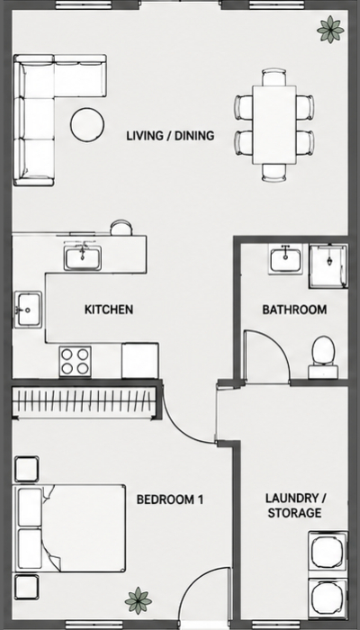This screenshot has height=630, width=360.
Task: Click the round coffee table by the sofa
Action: (x=87, y=124)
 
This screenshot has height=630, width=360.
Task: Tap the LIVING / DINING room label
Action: (x=170, y=136)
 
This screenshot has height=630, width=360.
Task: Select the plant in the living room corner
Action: (x=330, y=30)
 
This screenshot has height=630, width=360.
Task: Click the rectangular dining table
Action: (x=274, y=124)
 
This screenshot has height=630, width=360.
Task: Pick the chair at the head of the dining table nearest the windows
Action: (x=274, y=76)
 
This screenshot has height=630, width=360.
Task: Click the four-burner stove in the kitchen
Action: (x=75, y=361)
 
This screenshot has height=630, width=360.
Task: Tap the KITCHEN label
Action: (x=109, y=310)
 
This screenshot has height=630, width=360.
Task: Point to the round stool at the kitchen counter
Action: (x=121, y=228)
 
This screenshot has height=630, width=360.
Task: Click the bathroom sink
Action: (x=285, y=261)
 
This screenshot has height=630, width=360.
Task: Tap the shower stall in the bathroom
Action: (x=328, y=266)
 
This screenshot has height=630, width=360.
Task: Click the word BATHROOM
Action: (x=294, y=310)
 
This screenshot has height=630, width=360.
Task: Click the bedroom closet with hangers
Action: (x=84, y=402)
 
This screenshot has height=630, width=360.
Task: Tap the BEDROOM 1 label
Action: (x=170, y=499)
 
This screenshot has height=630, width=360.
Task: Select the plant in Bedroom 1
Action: (x=139, y=600)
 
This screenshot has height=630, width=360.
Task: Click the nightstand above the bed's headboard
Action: (x=26, y=469)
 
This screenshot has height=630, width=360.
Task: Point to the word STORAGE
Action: (x=294, y=513)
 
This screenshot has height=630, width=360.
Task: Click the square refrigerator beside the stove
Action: (x=140, y=360)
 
